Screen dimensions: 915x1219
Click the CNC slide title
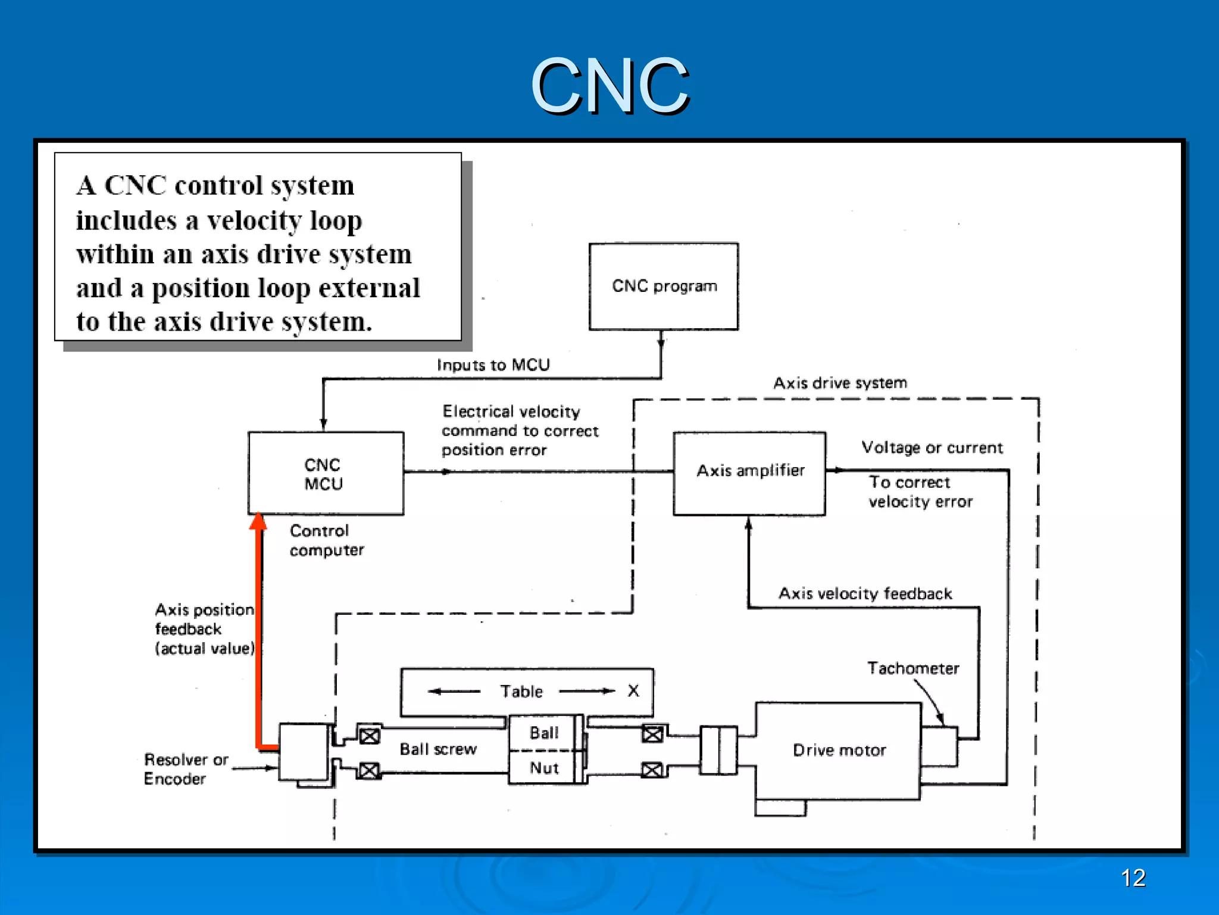(609, 86)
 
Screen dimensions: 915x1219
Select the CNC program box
(664, 287)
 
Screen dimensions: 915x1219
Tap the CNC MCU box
(325, 474)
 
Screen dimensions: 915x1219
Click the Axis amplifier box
(749, 473)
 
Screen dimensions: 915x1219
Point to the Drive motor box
(838, 751)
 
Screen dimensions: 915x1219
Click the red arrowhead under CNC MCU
(258, 522)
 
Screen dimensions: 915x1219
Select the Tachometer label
(912, 668)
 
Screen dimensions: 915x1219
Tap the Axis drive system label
(840, 383)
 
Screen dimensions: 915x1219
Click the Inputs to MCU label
(493, 365)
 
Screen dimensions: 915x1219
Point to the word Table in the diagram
(521, 692)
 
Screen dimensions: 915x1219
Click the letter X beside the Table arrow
(633, 691)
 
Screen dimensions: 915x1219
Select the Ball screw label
(438, 749)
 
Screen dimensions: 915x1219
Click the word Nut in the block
(544, 768)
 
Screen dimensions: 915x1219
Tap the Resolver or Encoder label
(186, 769)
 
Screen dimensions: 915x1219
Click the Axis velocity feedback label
(865, 594)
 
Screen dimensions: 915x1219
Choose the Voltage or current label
(932, 448)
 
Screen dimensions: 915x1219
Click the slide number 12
(1133, 878)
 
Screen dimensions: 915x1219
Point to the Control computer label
(326, 540)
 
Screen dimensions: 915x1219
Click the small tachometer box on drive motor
(939, 746)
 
